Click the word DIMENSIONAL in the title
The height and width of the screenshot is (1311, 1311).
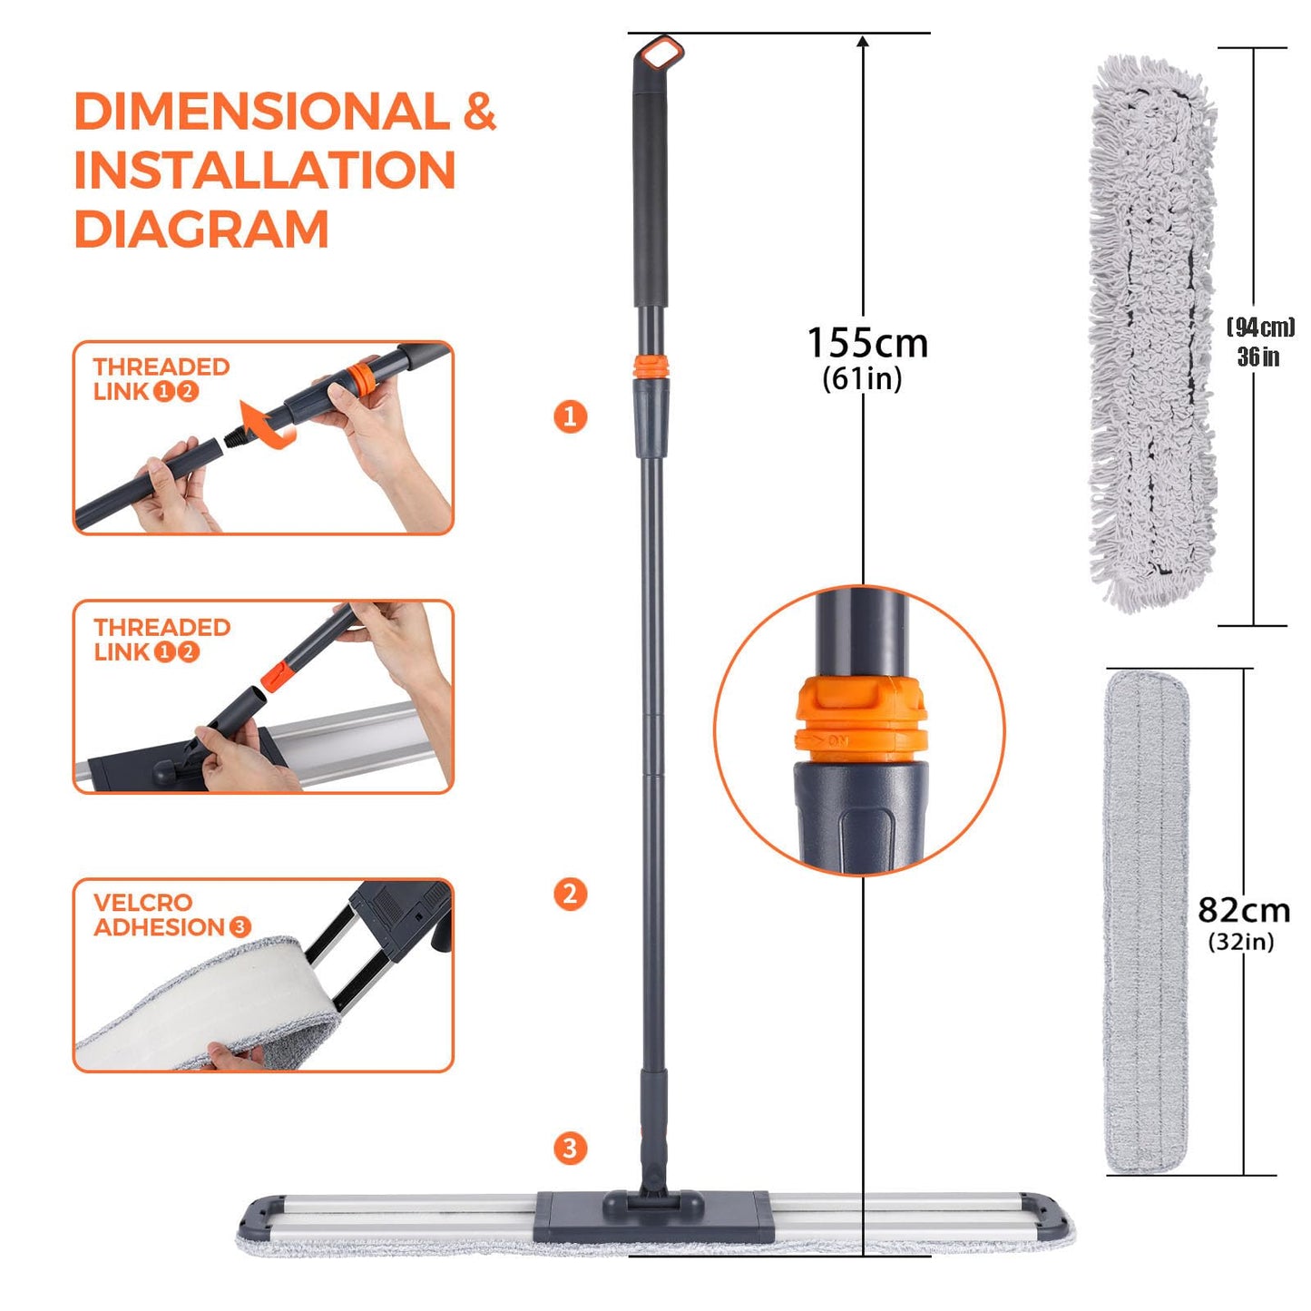[x=261, y=112]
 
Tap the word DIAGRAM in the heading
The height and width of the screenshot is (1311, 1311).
[x=201, y=229]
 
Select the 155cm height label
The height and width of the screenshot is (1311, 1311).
[x=867, y=344]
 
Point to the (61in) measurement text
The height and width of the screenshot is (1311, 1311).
[x=862, y=378]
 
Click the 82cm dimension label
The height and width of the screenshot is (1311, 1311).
[x=1243, y=909]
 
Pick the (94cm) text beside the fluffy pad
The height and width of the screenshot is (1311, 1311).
[x=1260, y=328]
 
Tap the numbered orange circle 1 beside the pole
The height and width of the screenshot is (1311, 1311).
[x=570, y=416]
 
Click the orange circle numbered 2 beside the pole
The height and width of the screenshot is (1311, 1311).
[x=570, y=894]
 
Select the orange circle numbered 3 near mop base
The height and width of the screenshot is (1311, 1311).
[x=570, y=1148]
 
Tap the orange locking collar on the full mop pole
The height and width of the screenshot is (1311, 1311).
[x=651, y=367]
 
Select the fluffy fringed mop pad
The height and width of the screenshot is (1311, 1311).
[x=1151, y=331]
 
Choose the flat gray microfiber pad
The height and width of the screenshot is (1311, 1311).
[x=1146, y=921]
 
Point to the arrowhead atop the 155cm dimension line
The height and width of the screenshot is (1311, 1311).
[x=863, y=42]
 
